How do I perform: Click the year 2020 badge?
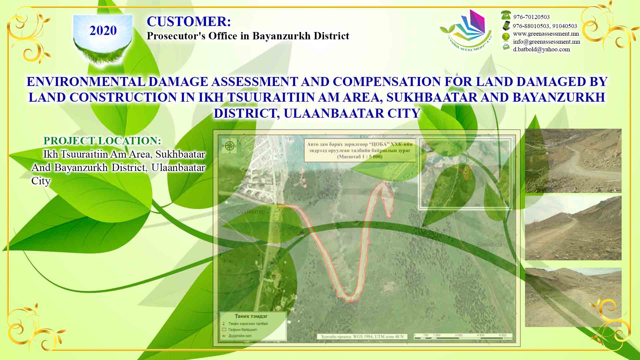103,31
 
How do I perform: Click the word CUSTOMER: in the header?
189,22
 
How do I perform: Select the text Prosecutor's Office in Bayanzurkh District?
248,36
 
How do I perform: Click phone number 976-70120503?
531,17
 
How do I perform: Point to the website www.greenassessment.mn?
546,34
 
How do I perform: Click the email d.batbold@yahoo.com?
541,49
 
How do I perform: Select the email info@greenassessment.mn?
546,42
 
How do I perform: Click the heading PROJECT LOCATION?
102,141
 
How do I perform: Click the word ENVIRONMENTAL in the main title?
86,82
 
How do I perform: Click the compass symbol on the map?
229,146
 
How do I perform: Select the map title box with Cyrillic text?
360,150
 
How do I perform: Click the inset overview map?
465,174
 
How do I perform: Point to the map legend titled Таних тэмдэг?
253,326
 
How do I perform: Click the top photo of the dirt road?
573,161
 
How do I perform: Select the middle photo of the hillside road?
573,228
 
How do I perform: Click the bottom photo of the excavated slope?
573,297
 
